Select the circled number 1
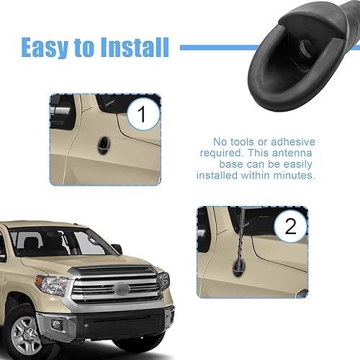click(x=142, y=114)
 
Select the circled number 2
click(x=290, y=227)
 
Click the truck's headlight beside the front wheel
click(x=52, y=284)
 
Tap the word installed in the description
click(x=220, y=175)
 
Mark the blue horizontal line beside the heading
click(x=216, y=48)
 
